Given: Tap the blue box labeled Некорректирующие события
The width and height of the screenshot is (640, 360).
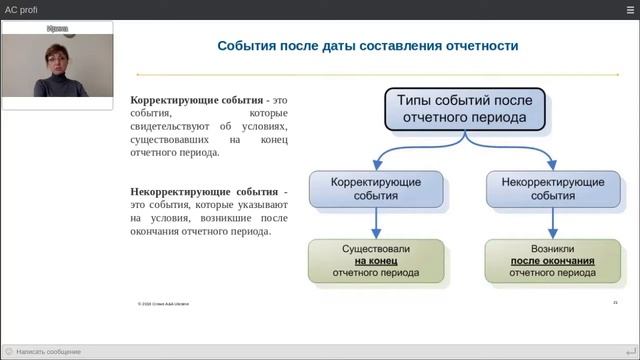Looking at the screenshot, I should pos(547,189).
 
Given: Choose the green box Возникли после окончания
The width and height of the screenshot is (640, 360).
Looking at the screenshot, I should pos(546,259).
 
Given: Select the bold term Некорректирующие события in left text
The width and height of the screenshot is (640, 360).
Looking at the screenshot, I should pos(204,191).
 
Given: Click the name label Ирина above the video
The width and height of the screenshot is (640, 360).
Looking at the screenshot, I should pos(57,30).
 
